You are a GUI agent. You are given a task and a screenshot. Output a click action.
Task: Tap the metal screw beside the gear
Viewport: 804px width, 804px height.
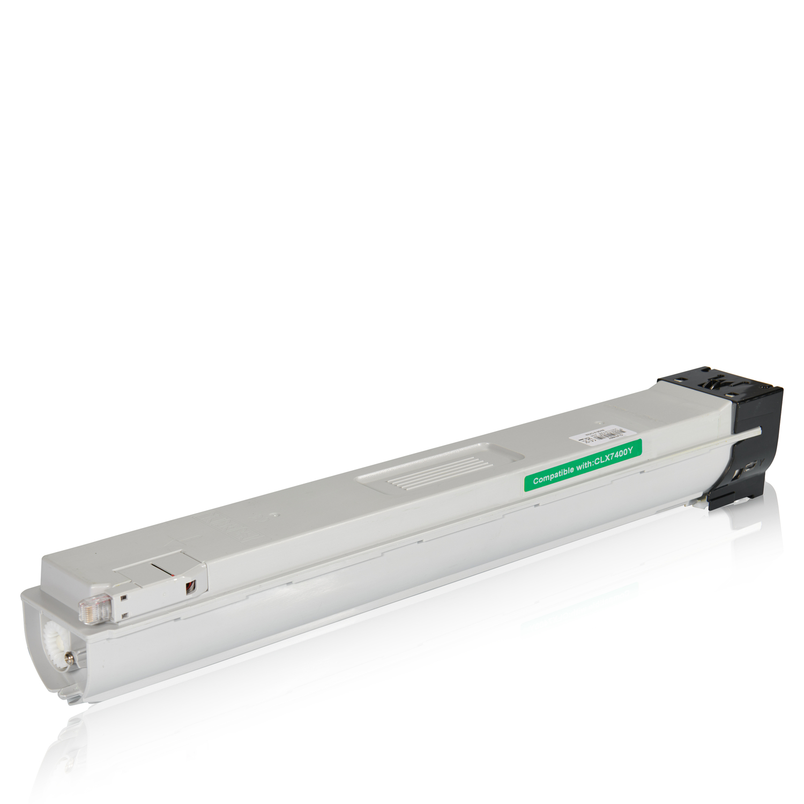(x=69, y=655)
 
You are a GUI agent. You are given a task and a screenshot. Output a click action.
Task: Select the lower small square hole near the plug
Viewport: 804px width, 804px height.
(x=124, y=615)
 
